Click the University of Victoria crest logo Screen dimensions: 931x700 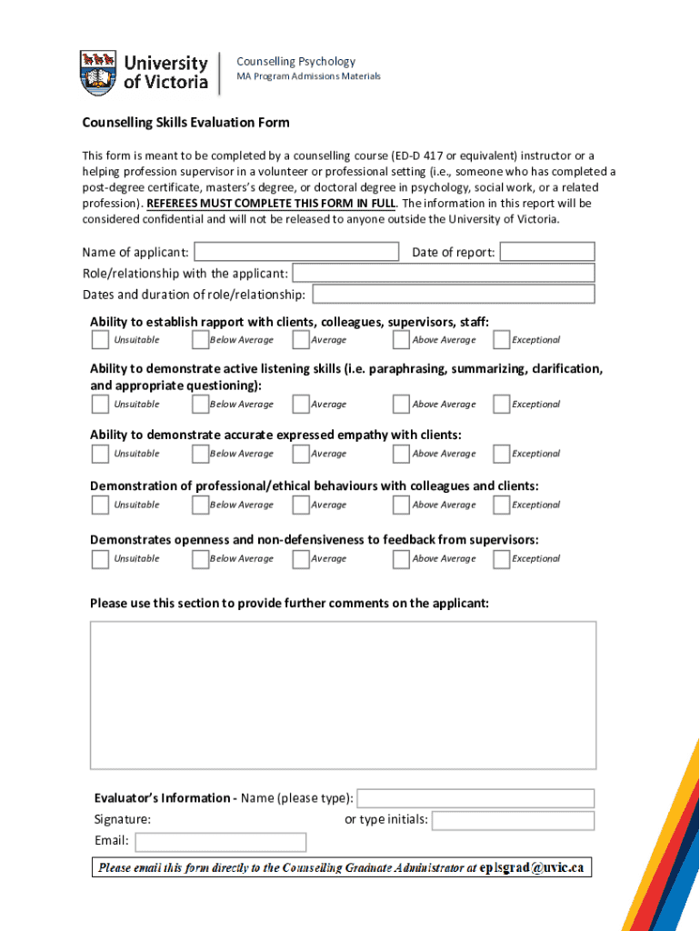98,73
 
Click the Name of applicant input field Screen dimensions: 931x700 296,252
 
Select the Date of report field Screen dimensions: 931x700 547,252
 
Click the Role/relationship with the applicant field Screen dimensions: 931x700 443,273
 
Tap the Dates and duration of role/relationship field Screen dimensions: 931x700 453,294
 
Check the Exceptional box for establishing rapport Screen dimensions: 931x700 501,340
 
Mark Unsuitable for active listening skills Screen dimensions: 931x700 100,405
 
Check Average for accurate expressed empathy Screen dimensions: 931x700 301,454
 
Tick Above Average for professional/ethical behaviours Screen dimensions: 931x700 401,505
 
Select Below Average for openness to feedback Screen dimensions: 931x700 200,559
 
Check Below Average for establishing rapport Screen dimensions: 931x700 200,340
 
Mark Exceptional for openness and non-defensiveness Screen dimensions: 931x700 501,559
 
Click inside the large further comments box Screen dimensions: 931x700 343,696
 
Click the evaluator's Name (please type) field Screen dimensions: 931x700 475,798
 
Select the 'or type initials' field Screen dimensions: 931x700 513,820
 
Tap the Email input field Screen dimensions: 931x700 219,842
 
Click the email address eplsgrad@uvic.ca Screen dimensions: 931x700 531,867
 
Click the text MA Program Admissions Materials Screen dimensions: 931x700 308,76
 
